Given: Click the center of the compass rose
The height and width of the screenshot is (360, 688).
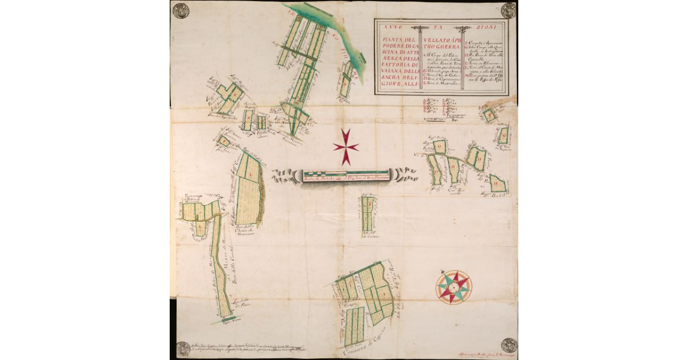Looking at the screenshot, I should coord(454,287).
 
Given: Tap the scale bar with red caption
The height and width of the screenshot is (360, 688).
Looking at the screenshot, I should coord(346,175).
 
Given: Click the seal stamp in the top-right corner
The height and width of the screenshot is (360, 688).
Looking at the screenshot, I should coord(508,10).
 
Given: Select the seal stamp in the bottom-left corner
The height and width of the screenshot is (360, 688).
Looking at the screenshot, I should coord(183,349).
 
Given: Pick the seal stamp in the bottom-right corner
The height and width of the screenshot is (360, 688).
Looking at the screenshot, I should coord(509,345).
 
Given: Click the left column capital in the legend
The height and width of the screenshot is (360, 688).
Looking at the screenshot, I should coord(423,29).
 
